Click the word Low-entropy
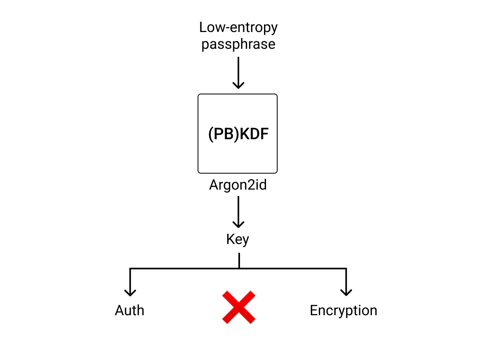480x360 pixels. (x=238, y=28)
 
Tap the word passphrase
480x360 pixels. (x=238, y=44)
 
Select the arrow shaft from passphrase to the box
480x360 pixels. (x=238, y=70)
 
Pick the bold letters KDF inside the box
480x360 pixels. (x=254, y=134)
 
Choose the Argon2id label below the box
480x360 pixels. (x=238, y=185)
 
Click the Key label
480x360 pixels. (x=238, y=239)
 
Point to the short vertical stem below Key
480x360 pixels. (x=239, y=260)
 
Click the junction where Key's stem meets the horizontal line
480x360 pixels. (x=239, y=268)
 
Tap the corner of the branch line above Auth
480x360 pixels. (x=130, y=269)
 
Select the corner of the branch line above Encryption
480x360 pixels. (x=346, y=269)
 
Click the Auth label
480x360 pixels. (x=130, y=310)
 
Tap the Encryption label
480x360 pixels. (x=343, y=310)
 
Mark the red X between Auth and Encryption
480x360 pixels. (x=239, y=307)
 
